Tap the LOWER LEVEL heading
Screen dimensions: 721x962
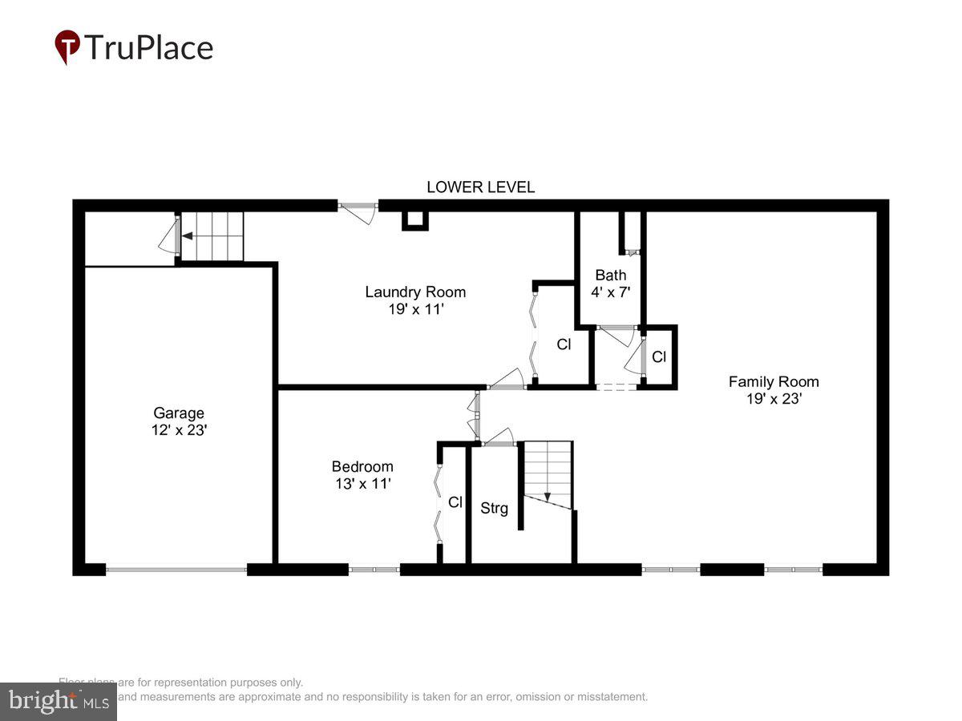point(480,187)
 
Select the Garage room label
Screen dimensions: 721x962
point(179,413)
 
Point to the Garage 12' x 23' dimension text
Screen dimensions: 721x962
point(179,430)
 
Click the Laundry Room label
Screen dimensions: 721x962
point(415,292)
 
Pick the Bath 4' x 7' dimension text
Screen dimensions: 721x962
point(611,292)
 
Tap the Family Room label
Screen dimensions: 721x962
point(774,381)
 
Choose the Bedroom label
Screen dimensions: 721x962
point(362,466)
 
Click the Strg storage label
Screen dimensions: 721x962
point(494,508)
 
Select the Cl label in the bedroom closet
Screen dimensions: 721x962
point(455,502)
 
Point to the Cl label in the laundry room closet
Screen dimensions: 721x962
point(564,344)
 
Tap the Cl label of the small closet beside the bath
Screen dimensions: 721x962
point(659,357)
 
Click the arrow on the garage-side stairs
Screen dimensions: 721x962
point(187,236)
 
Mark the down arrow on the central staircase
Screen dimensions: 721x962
point(547,497)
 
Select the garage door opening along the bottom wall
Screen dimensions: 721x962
point(176,570)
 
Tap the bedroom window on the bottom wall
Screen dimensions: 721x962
point(374,570)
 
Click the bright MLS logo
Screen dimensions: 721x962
point(58,702)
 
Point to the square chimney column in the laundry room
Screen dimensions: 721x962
point(414,220)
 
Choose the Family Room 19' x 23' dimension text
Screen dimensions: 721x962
point(774,399)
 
